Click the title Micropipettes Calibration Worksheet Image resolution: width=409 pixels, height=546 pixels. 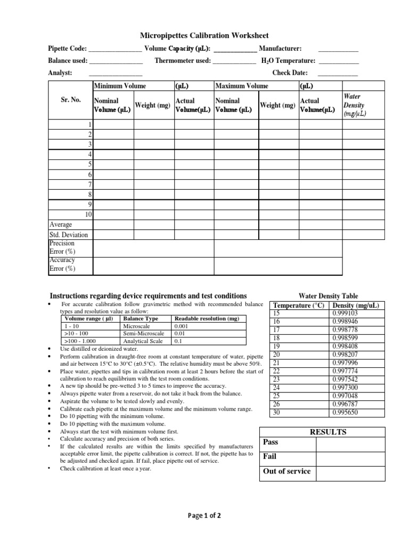(204, 36)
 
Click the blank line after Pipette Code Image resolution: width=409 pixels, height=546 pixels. (114, 50)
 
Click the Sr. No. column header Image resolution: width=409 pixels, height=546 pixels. (70, 100)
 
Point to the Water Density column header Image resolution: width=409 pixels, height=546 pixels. (354, 105)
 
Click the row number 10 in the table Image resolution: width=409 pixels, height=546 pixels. (89, 214)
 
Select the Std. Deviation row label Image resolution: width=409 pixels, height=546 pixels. (69, 235)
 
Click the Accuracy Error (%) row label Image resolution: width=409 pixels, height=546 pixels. (62, 264)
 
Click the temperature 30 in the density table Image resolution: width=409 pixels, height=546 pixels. (276, 412)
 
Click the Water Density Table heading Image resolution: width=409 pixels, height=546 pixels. (328, 296)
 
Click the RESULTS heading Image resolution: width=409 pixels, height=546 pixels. (328, 432)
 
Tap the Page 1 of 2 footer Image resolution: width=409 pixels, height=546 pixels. (204, 516)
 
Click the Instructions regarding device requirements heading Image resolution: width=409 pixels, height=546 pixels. (148, 295)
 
